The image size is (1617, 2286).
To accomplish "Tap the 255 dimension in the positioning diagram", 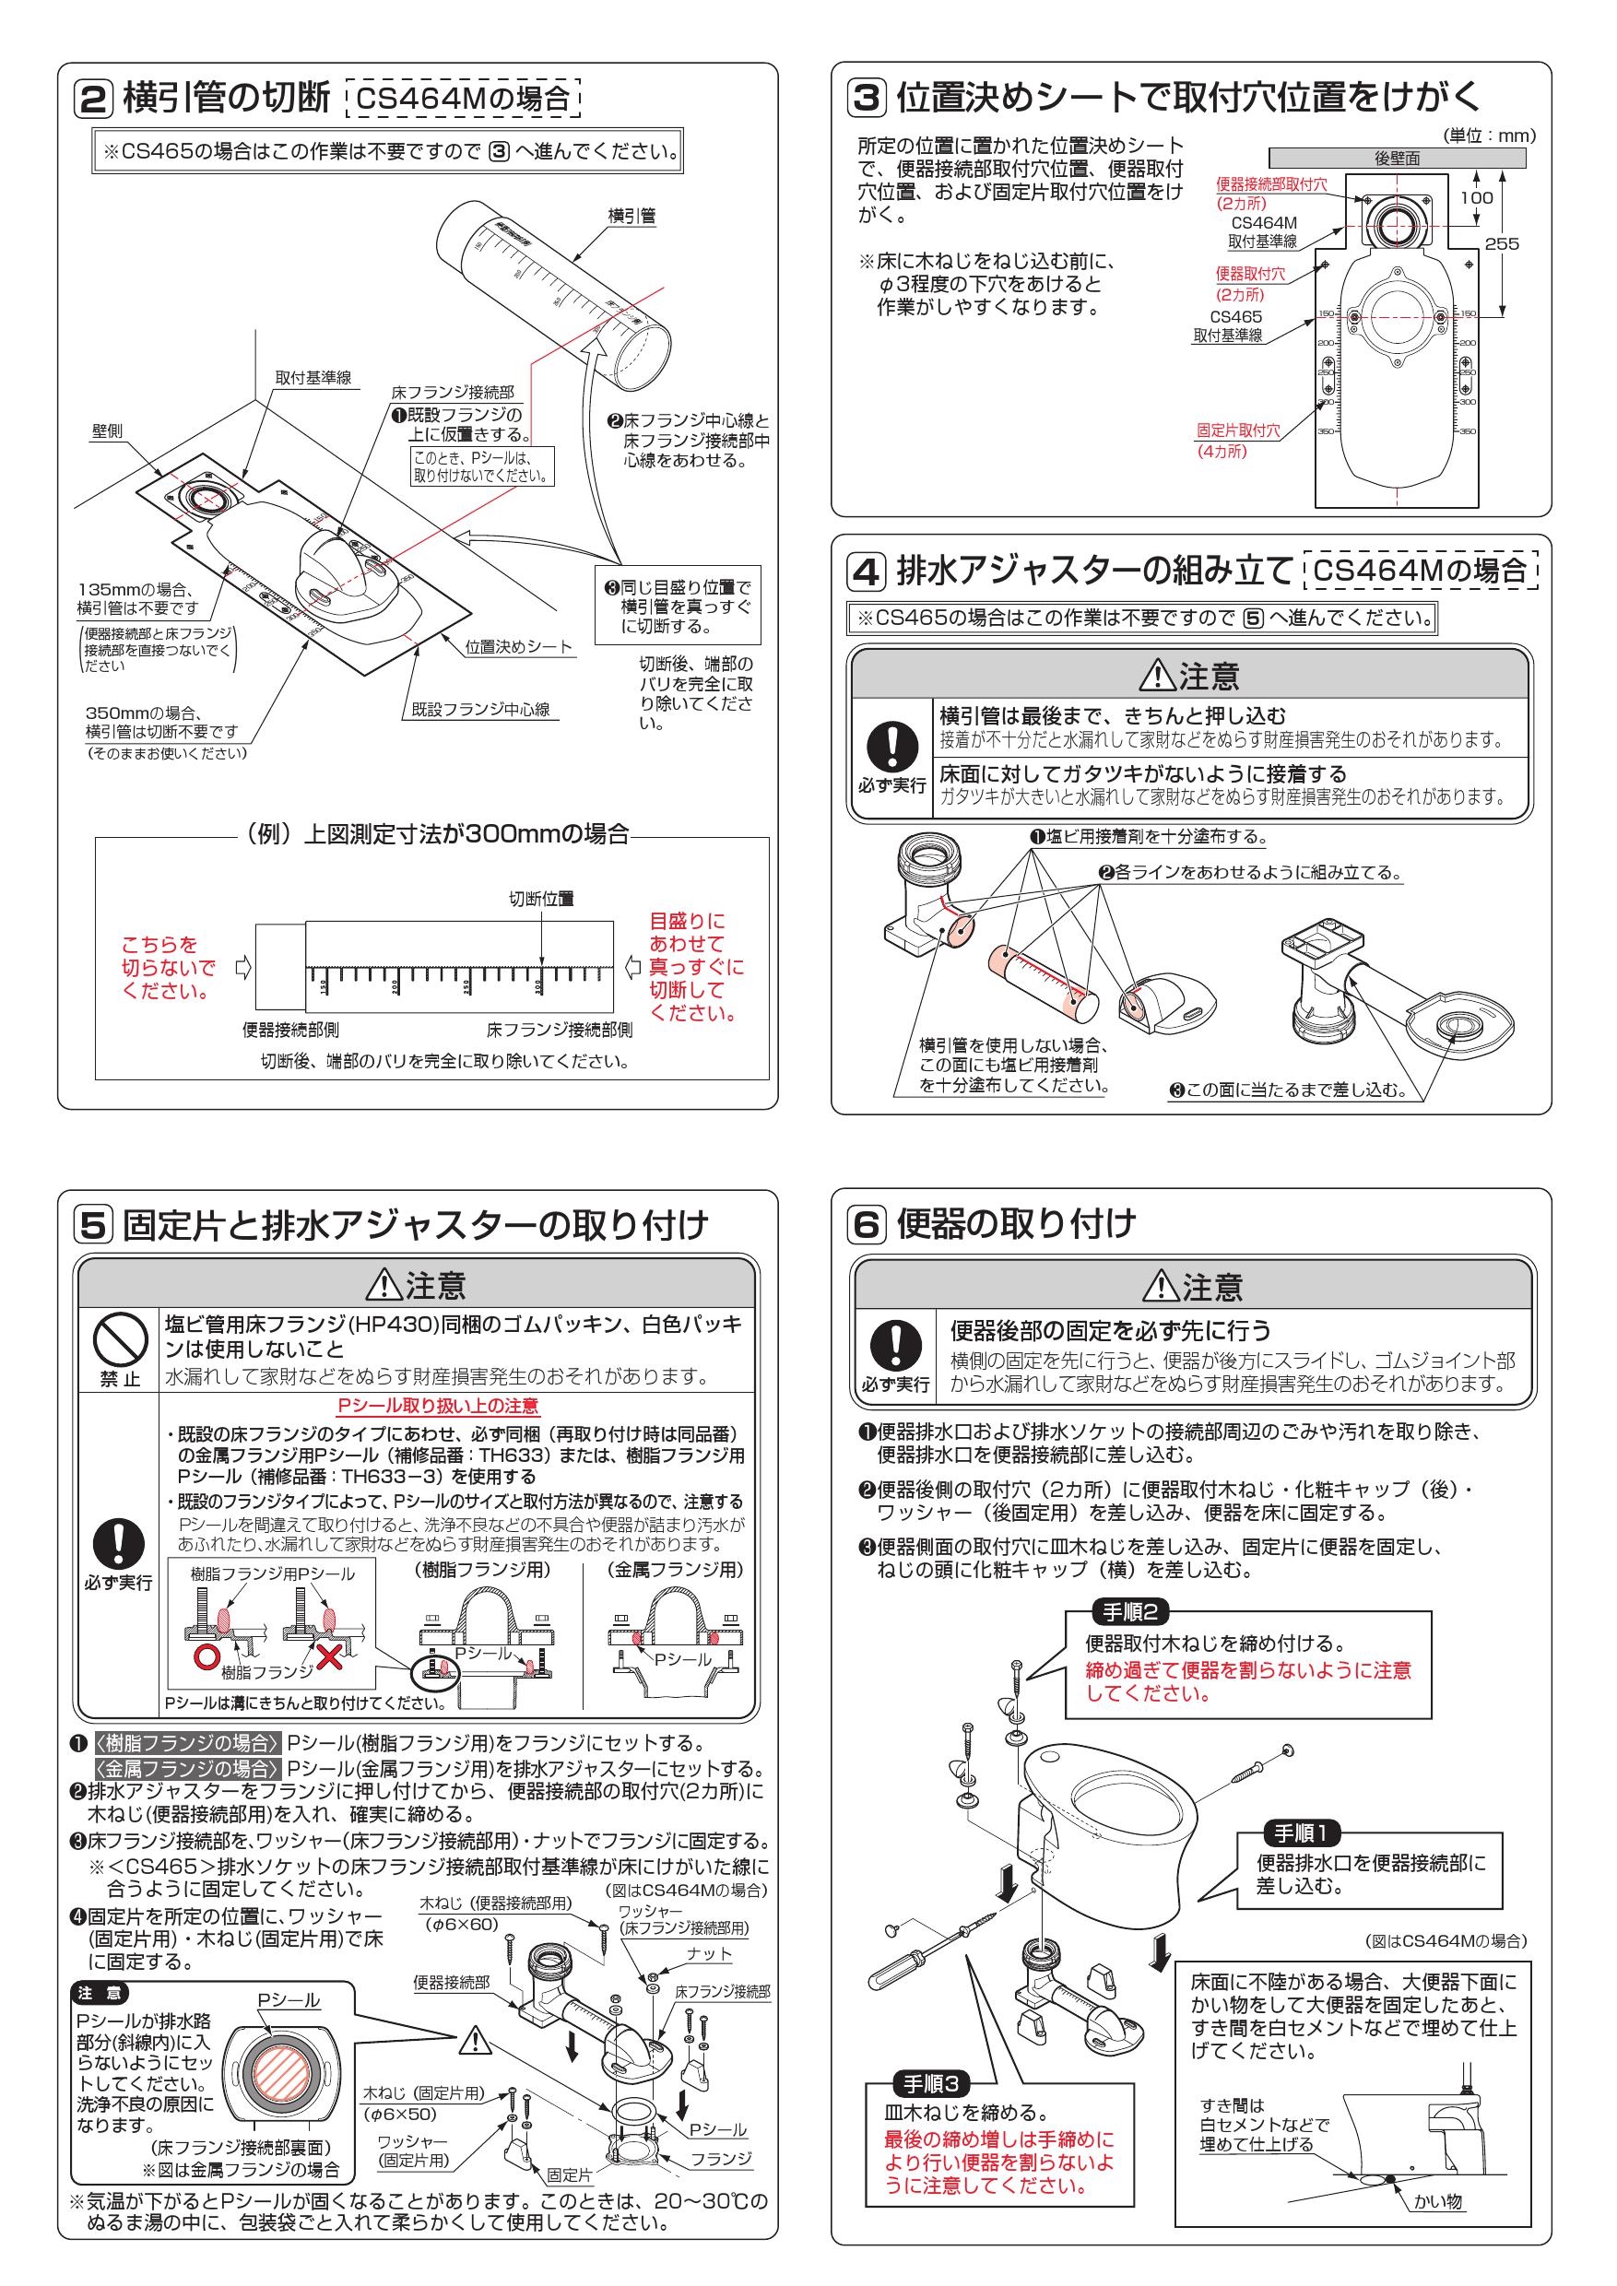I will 1502,243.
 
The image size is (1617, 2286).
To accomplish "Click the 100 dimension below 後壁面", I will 1476,197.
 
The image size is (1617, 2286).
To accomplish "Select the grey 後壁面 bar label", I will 1397,158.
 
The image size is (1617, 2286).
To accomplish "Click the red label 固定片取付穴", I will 1238,431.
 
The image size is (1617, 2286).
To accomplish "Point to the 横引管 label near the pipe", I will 631,216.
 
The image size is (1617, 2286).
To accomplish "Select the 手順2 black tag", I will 1129,1612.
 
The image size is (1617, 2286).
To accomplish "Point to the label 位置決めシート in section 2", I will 519,647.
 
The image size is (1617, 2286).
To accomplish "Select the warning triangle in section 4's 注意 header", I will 1158,676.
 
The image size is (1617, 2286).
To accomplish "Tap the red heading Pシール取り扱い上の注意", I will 438,1406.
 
